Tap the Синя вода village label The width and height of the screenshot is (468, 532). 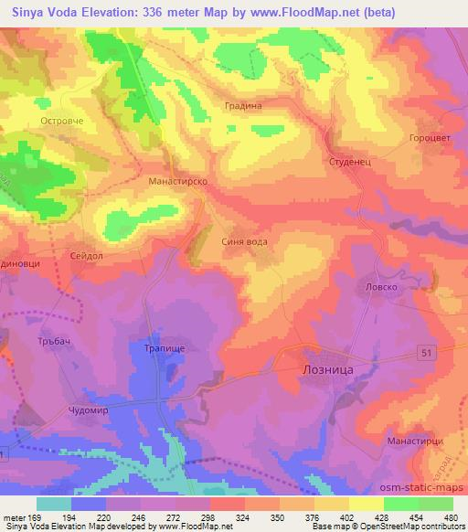(x=246, y=242)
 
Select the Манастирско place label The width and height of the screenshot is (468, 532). (x=178, y=182)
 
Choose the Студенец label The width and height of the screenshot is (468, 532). (x=347, y=161)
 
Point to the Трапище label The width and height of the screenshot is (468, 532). (x=164, y=348)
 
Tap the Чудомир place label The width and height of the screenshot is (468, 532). (x=94, y=410)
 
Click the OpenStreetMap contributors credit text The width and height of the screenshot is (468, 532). (x=407, y=527)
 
